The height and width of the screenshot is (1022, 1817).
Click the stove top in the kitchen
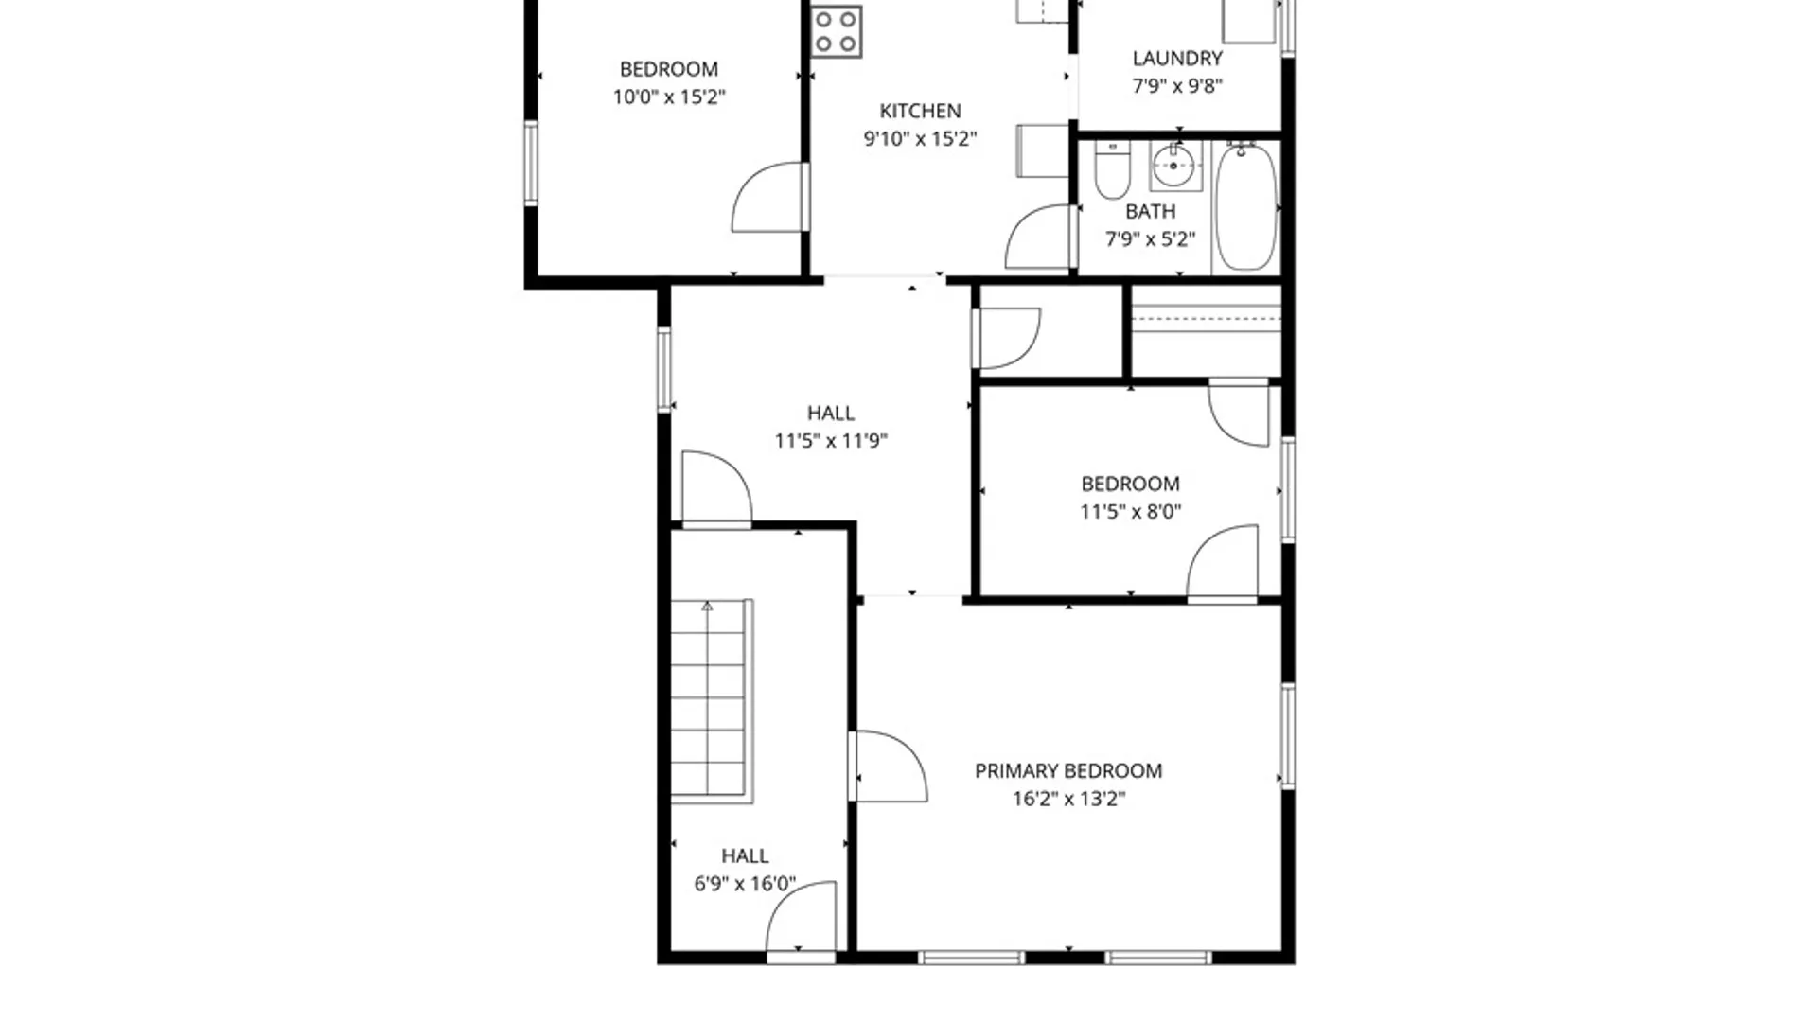pos(837,31)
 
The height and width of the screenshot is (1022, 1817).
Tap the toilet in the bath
pos(1112,172)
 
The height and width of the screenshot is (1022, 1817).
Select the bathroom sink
pos(1174,167)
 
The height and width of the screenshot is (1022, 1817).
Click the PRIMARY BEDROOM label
pos(1068,771)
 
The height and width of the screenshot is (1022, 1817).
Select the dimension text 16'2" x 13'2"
pos(1068,799)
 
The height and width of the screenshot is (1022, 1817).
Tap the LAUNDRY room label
pos(1177,59)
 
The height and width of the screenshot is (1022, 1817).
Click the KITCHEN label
pos(920,111)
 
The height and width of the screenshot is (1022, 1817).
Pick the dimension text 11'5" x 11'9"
pos(831,440)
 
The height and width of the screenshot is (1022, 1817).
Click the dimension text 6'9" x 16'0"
pos(745,884)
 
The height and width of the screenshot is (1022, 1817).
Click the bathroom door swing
pos(1039,238)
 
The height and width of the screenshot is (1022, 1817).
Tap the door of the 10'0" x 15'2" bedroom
pos(768,198)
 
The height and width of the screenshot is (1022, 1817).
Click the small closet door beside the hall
pos(1008,338)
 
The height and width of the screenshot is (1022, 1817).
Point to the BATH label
pos(1150,211)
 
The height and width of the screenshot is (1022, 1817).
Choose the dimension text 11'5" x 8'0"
pos(1130,512)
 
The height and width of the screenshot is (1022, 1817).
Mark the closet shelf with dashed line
pos(1206,319)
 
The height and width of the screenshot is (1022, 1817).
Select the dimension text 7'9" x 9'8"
pos(1177,86)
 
